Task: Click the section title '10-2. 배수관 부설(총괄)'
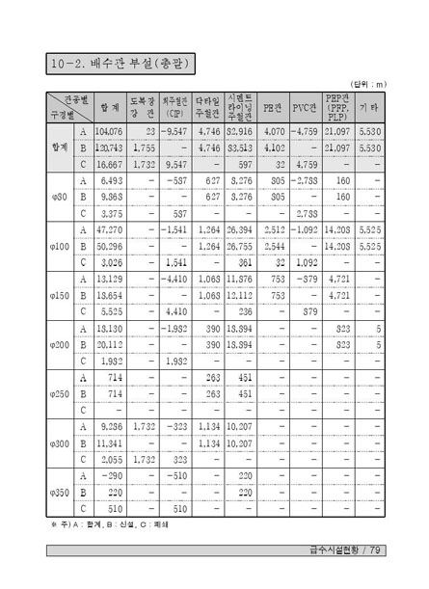121,65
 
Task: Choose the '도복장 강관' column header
142,106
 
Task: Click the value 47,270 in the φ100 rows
110,230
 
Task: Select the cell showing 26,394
238,230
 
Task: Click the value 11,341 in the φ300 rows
109,443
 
